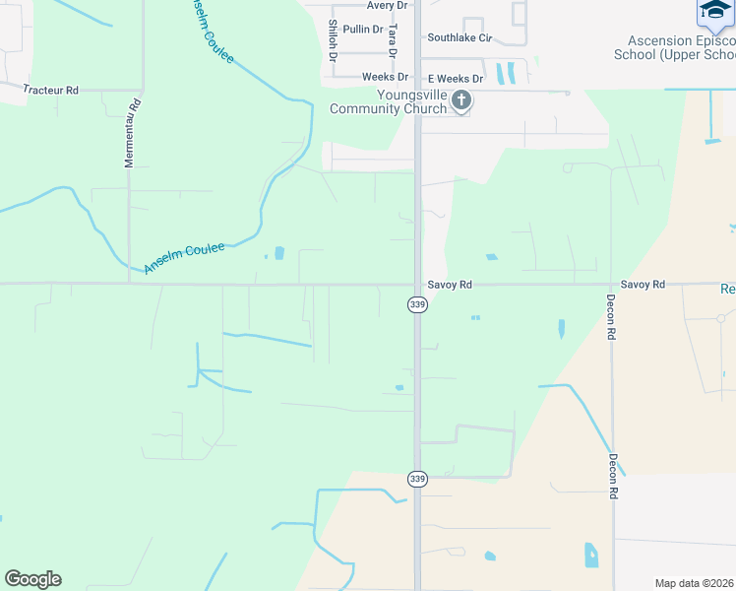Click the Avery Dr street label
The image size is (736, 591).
click(x=387, y=6)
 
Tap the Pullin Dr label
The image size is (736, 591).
click(x=363, y=30)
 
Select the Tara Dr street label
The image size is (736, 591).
click(x=393, y=42)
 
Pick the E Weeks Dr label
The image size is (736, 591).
click(x=455, y=78)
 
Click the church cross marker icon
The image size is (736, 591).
click(x=460, y=100)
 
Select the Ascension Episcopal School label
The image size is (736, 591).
click(x=675, y=47)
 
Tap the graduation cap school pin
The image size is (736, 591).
click(x=714, y=12)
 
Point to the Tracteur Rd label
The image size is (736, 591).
click(x=50, y=90)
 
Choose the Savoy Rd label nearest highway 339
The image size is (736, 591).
click(x=450, y=285)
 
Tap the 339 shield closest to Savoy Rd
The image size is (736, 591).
click(x=417, y=305)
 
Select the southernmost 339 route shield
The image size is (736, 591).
click(x=417, y=479)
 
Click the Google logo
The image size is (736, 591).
click(x=32, y=579)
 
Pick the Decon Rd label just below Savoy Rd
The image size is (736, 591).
click(x=611, y=317)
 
